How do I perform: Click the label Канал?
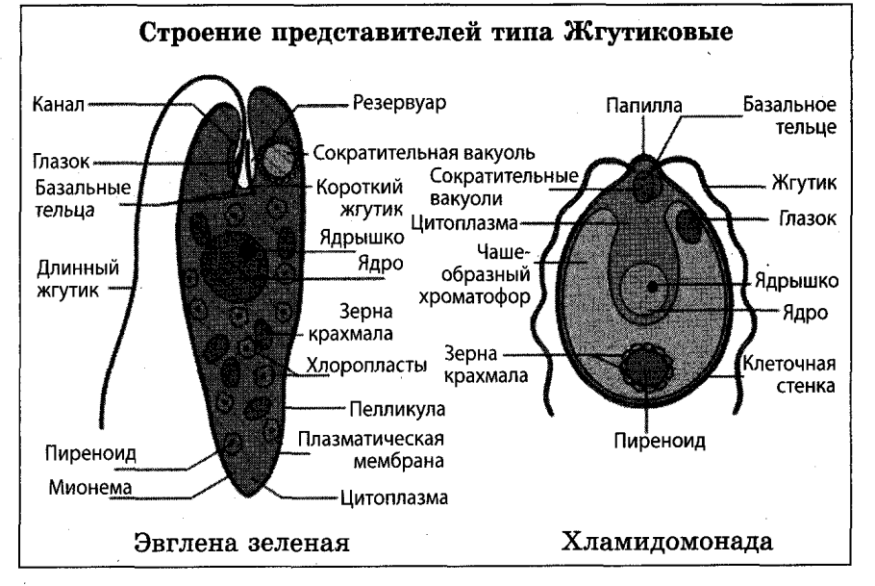click(51, 100)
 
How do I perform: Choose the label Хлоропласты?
click(365, 365)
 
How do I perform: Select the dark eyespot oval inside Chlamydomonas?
click(689, 224)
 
